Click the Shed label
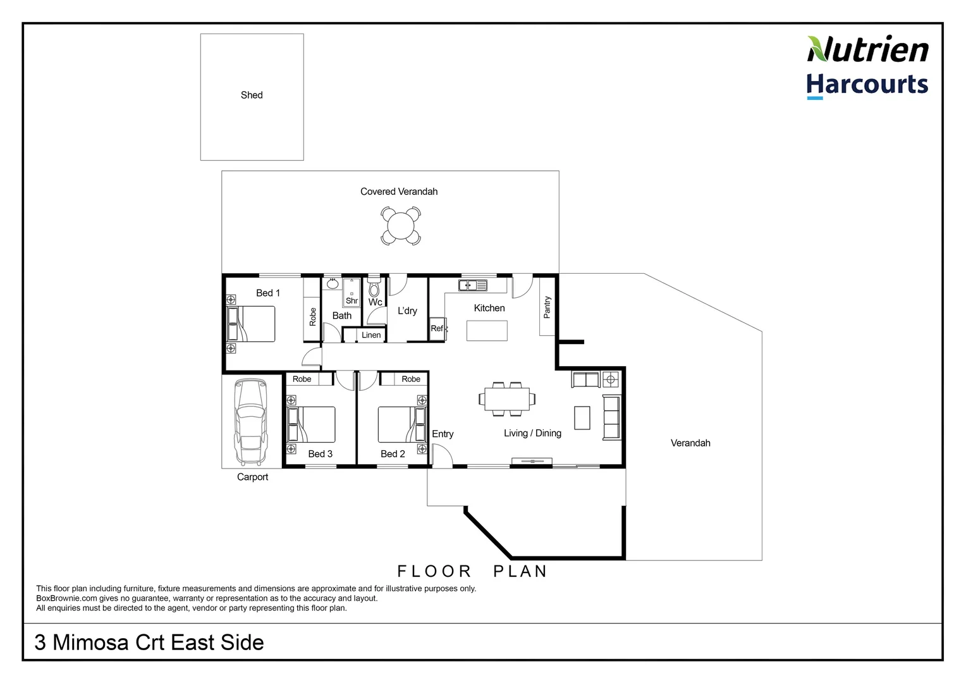252,95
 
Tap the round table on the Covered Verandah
400,226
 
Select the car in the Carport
252,421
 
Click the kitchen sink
472,285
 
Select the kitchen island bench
487,330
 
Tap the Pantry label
547,307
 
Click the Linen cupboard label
372,335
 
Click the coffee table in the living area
582,417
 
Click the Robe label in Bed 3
302,379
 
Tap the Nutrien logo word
867,49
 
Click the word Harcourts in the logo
867,84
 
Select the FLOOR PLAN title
472,571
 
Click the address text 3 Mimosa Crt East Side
149,643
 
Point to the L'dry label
407,311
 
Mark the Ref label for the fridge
437,328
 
